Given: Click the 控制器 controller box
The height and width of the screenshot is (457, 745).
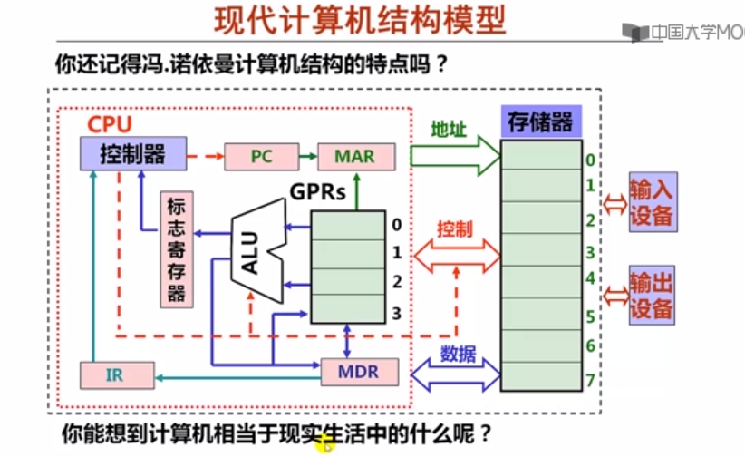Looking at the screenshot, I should (132, 155).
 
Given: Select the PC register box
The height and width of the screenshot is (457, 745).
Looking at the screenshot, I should (261, 156).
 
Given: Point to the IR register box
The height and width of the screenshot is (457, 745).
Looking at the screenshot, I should (114, 374).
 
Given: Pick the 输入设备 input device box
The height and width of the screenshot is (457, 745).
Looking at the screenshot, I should (652, 202).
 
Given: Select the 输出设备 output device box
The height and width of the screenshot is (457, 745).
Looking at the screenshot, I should (652, 295).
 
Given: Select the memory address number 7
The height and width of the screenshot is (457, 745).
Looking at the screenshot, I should (590, 379).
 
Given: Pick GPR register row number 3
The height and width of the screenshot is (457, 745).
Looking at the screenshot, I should (348, 312).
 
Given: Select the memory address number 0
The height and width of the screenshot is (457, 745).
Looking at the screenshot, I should (590, 160).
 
